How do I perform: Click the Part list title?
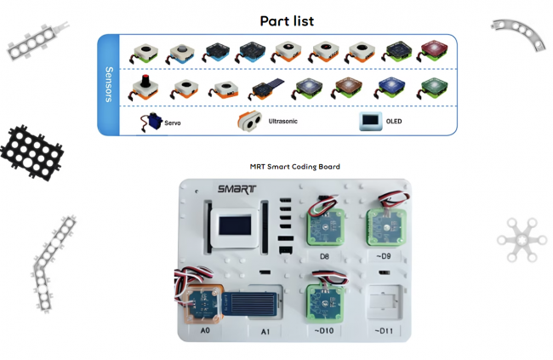287,21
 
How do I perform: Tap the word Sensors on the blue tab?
109,84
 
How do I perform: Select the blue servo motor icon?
151,122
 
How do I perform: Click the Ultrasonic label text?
282,121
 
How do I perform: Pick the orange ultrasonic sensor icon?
249,121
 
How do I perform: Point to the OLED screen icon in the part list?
370,121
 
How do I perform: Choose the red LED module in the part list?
433,51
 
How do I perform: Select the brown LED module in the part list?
347,88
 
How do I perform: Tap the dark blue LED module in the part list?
390,88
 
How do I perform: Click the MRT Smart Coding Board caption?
295,167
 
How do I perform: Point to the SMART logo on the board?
237,189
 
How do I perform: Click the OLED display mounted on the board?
235,227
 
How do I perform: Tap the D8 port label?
324,256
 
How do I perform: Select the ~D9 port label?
384,256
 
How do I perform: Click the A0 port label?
205,330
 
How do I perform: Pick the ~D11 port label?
384,331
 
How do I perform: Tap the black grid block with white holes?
31,153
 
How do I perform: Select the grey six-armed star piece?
522,240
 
